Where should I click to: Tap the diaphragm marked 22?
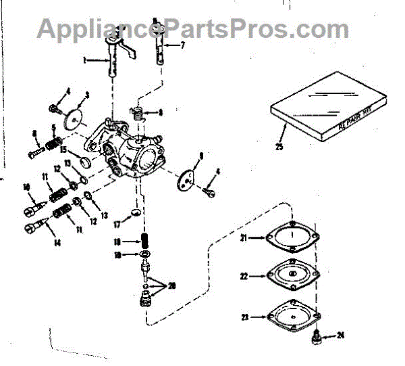coord(292,275)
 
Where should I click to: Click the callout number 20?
coord(171,285)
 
